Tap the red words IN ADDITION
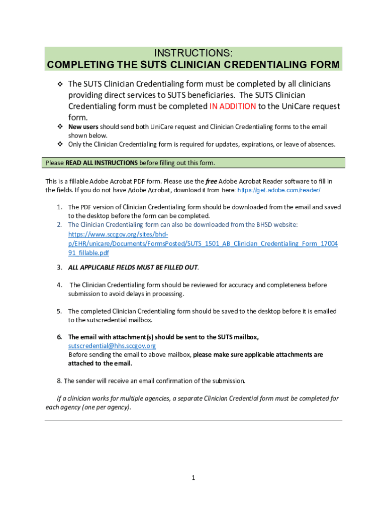pos(232,106)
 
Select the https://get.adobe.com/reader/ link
pos(278,190)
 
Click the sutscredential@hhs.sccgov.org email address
pos(112,346)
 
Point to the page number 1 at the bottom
pos(193,478)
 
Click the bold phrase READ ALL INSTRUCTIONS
pos(102,163)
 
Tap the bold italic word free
pos(212,181)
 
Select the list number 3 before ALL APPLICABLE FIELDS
pos(59,267)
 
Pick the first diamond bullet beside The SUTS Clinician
pos(59,84)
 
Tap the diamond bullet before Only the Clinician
pos(59,145)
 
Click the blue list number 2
pos(59,224)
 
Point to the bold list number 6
pos(59,337)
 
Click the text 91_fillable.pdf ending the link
pos(88,253)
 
